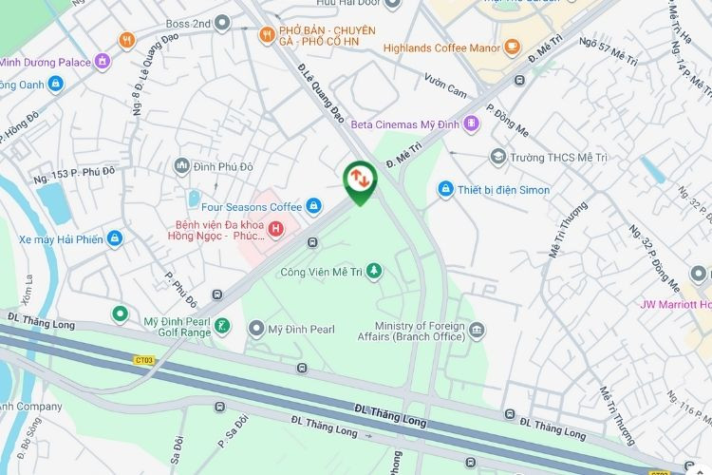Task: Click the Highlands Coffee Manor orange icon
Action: pos(512,47)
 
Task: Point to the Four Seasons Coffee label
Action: pos(251,206)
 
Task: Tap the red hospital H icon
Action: pos(275,228)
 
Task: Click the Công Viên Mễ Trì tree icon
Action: pos(374,272)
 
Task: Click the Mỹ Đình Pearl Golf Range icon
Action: pos(221,328)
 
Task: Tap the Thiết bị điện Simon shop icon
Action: pos(443,190)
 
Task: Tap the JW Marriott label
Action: pos(675,305)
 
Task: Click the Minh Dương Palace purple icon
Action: pos(103,63)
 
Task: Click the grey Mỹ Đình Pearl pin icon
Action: pos(255,329)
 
